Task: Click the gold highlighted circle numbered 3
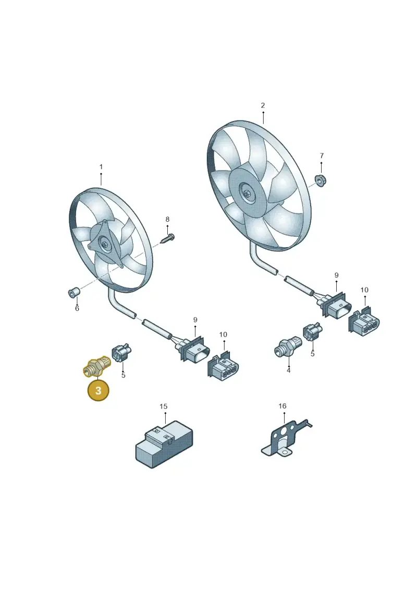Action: pos(98,390)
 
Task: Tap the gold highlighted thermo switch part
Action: pos(96,366)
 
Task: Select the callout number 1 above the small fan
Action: pos(101,167)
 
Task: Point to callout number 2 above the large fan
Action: pos(263,105)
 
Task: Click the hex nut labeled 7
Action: pos(321,180)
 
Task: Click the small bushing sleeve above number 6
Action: pos(73,292)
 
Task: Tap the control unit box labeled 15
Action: pos(164,444)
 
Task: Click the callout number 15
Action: pos(163,406)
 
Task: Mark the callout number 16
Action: pos(283,406)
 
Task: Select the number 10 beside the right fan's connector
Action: pos(364,290)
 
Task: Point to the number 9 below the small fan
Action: pos(195,320)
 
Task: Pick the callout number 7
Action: pos(322,155)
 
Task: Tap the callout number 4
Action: pos(288,370)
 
